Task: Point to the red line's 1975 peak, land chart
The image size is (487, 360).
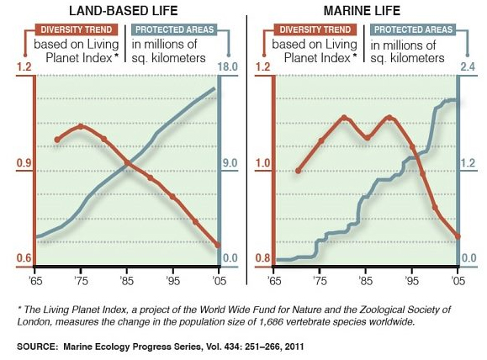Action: pyautogui.click(x=80, y=125)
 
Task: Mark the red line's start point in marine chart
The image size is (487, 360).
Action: pyautogui.click(x=297, y=171)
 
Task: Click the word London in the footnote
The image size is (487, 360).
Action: pyautogui.click(x=32, y=321)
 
